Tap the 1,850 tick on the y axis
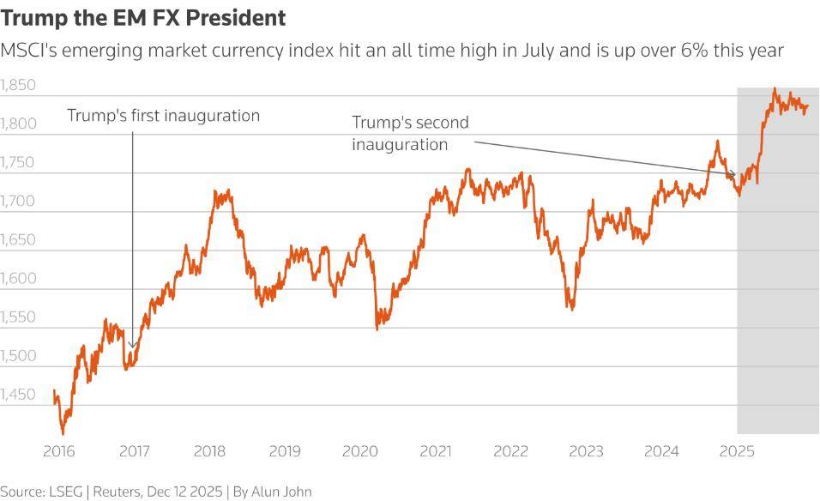(x=18, y=86)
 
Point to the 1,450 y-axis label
(x=18, y=395)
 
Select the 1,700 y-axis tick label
(x=18, y=202)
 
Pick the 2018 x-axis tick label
(x=209, y=451)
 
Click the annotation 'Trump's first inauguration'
(x=163, y=116)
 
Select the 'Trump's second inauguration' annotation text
(x=410, y=134)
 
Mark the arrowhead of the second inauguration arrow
(x=734, y=177)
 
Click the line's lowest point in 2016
(x=63, y=433)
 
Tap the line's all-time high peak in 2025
(x=775, y=88)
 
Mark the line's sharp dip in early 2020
(x=377, y=328)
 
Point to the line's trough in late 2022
(x=571, y=309)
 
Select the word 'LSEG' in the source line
(x=75, y=492)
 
